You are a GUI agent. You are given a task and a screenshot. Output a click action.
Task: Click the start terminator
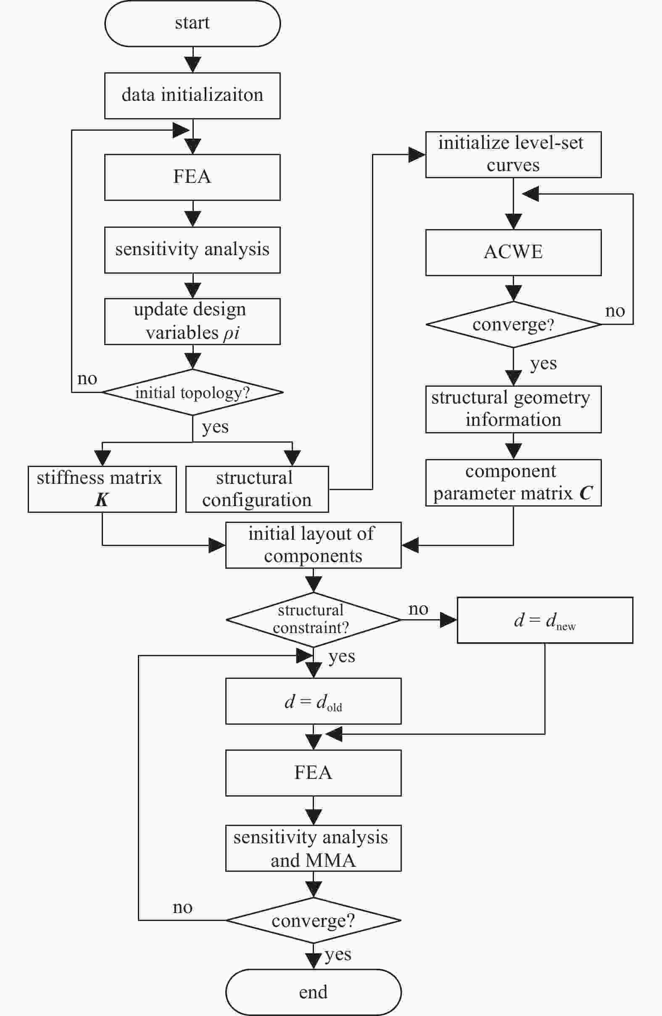tap(193, 24)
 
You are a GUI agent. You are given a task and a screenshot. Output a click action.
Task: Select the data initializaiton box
tap(193, 95)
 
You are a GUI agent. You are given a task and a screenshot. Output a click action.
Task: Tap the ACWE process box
tap(514, 253)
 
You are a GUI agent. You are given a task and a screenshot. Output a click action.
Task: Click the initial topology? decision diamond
tap(193, 392)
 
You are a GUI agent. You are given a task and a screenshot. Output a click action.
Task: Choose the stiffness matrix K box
tap(103, 489)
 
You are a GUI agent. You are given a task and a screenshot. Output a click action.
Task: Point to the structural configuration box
tap(257, 489)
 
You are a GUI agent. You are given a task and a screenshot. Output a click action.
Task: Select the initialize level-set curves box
tap(514, 155)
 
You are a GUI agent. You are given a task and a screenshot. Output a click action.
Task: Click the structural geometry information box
tap(514, 409)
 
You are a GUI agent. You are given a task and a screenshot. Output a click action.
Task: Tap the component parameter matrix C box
tap(514, 483)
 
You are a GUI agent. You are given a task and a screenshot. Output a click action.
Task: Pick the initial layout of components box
tap(313, 545)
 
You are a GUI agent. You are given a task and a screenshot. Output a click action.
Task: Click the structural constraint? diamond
tap(313, 620)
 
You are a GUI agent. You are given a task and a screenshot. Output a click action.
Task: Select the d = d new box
tap(545, 620)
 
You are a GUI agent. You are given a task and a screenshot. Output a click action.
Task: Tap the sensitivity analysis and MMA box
tap(313, 848)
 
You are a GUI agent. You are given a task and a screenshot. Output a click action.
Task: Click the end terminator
tap(313, 992)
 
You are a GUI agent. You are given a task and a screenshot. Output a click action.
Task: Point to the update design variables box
tap(193, 322)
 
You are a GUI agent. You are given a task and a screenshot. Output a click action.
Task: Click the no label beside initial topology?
tap(87, 379)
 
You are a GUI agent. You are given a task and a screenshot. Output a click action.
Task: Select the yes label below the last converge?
tap(338, 955)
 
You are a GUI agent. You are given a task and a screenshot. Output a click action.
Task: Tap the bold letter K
tap(102, 499)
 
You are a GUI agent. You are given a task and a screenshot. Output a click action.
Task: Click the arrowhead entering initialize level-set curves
tap(417, 155)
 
